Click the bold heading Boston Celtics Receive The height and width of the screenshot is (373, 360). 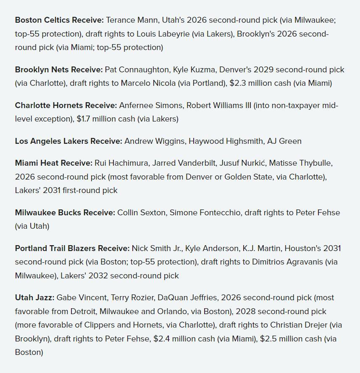(x=59, y=20)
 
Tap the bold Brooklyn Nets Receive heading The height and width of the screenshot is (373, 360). (x=59, y=69)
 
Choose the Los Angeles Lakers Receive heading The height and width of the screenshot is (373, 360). (x=68, y=141)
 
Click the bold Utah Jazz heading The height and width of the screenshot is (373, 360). (x=34, y=298)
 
